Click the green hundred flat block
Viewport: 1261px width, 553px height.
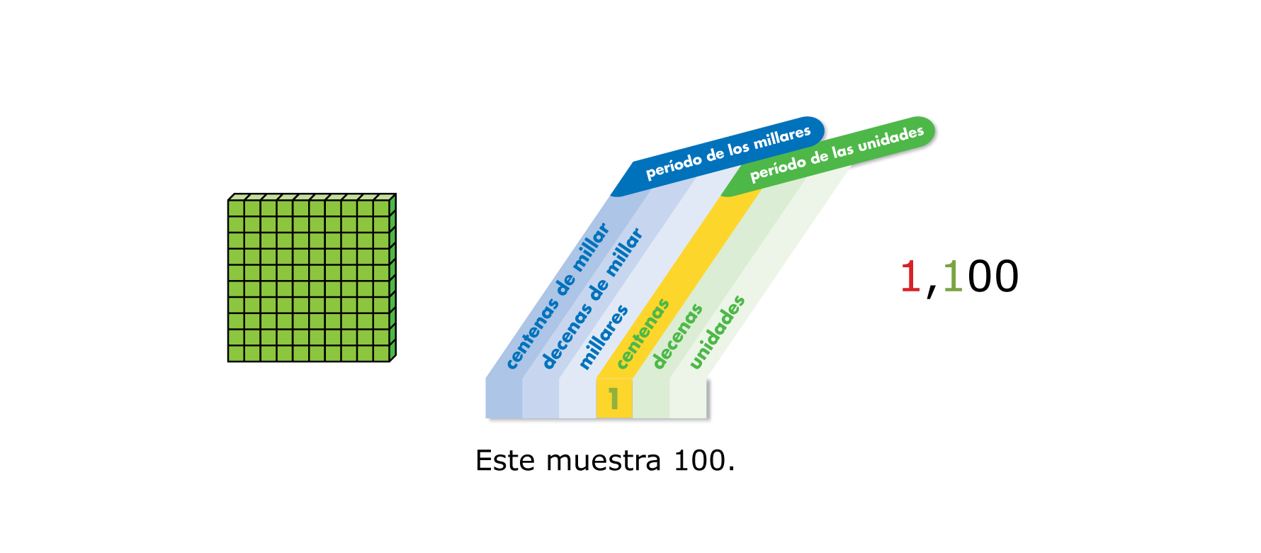(x=310, y=279)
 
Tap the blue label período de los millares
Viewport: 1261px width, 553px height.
(x=728, y=152)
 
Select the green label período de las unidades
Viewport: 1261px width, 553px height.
(x=837, y=153)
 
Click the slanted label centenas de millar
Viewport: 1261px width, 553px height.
(x=558, y=296)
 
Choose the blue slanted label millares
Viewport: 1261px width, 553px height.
(x=604, y=337)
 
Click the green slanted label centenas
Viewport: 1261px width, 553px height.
(x=643, y=334)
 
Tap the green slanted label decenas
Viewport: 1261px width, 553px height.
(x=677, y=336)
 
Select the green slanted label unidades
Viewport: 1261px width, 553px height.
(x=717, y=332)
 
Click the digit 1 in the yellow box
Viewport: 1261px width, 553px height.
(x=613, y=398)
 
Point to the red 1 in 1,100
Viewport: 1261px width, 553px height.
(x=910, y=276)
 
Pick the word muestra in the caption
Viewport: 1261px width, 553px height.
(x=604, y=461)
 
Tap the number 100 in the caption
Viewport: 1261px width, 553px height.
(x=700, y=461)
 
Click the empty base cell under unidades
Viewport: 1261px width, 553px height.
(x=688, y=398)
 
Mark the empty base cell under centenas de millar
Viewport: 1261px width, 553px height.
(x=504, y=398)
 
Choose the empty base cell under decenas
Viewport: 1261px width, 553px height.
(x=651, y=398)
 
